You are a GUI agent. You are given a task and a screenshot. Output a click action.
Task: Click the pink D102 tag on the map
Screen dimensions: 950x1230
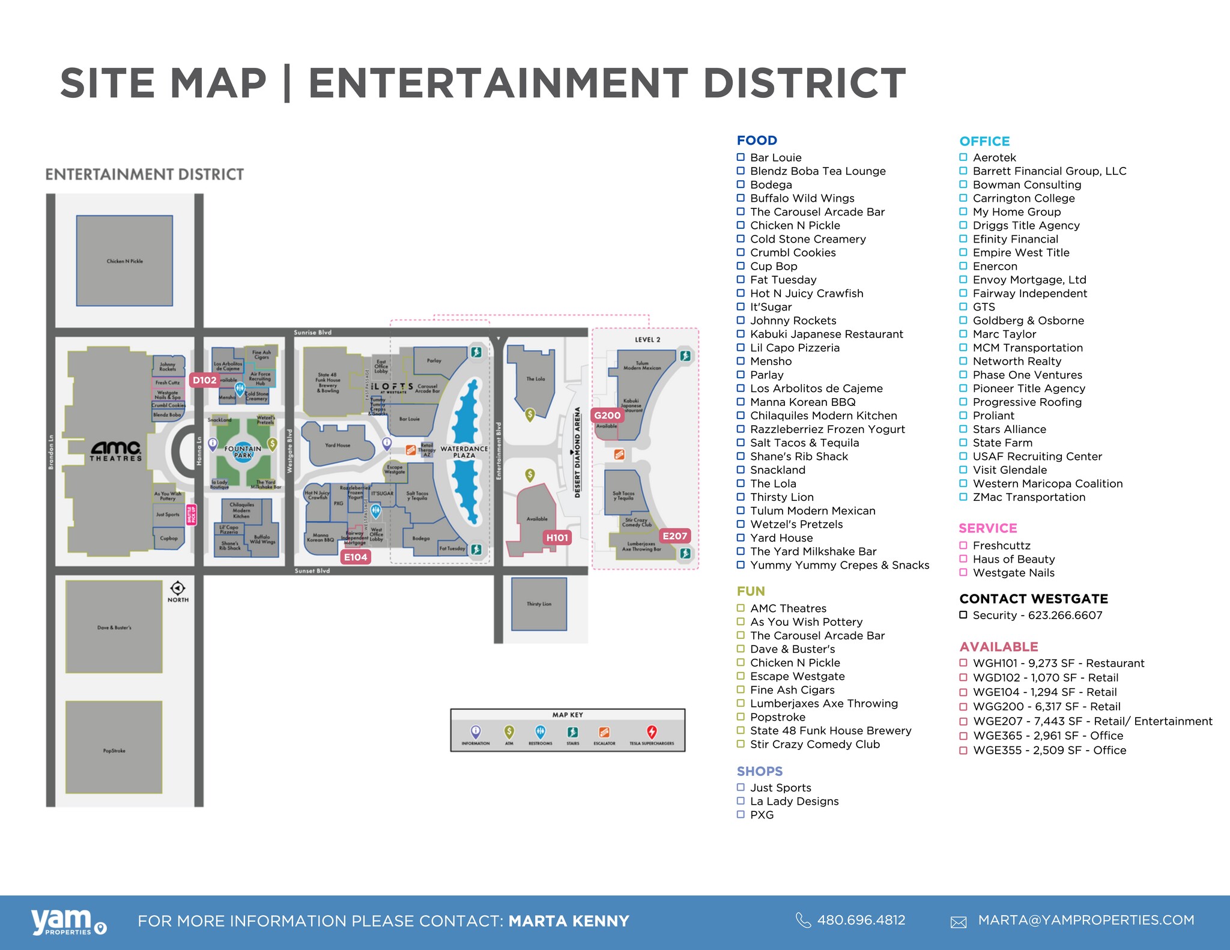pyautogui.click(x=204, y=380)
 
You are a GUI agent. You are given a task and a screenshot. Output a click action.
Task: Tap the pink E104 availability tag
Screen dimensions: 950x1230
pyautogui.click(x=356, y=557)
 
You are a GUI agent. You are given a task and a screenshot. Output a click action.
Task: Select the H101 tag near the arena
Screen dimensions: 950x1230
pyautogui.click(x=557, y=538)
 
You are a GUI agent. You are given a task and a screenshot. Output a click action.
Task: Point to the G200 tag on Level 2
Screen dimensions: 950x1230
pyautogui.click(x=607, y=416)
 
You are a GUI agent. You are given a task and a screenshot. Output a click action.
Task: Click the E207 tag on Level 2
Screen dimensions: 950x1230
pyautogui.click(x=674, y=536)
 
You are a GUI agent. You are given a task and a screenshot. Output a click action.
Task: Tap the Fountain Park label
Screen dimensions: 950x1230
pyautogui.click(x=243, y=452)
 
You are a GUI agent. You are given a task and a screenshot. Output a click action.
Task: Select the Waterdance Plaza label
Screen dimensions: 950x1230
pyautogui.click(x=464, y=452)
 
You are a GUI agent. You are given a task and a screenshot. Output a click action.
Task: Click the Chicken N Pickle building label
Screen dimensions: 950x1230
pyautogui.click(x=125, y=261)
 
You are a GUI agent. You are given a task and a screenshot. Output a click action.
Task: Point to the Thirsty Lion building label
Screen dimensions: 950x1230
pyautogui.click(x=539, y=604)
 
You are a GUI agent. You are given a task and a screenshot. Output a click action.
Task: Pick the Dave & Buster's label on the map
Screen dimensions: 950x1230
pyautogui.click(x=114, y=628)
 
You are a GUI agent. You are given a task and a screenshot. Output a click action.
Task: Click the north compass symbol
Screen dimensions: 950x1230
pyautogui.click(x=178, y=588)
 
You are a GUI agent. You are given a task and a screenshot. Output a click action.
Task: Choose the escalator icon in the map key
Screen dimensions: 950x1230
pyautogui.click(x=604, y=732)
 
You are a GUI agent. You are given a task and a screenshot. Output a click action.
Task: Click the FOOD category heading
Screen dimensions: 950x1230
pyautogui.click(x=757, y=141)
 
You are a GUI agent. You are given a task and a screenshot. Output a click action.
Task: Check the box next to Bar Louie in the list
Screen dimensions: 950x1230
pyautogui.click(x=741, y=157)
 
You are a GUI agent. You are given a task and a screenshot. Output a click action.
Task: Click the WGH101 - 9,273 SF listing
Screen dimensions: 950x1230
pyautogui.click(x=1058, y=663)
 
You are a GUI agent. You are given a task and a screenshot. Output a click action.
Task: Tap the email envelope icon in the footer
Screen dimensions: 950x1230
pyautogui.click(x=959, y=922)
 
